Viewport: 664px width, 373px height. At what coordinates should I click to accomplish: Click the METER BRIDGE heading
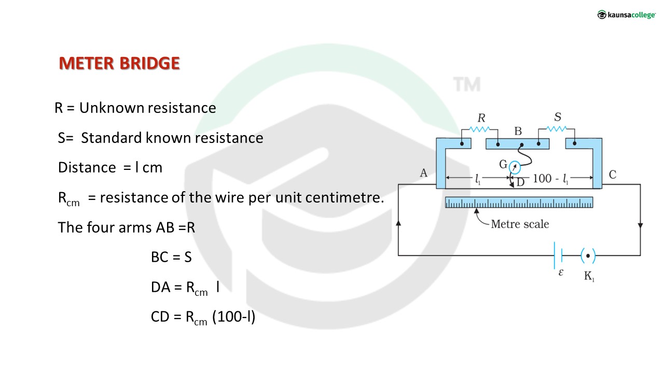(119, 63)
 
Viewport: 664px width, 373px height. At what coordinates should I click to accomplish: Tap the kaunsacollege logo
(626, 15)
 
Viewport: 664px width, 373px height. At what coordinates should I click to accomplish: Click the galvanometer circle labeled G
(514, 167)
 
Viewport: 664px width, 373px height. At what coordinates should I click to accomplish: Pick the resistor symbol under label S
(557, 128)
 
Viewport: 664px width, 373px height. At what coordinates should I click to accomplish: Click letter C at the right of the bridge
(613, 174)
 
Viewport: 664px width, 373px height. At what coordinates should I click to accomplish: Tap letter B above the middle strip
(518, 132)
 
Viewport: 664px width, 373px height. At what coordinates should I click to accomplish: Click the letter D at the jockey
(520, 182)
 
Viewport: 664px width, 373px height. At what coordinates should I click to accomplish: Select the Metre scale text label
(520, 224)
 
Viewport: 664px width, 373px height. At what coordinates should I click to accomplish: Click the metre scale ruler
(519, 203)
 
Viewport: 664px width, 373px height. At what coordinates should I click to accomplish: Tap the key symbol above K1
(587, 255)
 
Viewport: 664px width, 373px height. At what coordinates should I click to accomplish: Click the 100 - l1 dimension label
(551, 179)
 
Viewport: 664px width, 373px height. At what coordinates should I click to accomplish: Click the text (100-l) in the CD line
(234, 317)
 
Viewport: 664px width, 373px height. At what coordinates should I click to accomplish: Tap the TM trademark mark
(467, 84)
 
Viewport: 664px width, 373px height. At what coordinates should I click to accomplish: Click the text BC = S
(171, 257)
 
